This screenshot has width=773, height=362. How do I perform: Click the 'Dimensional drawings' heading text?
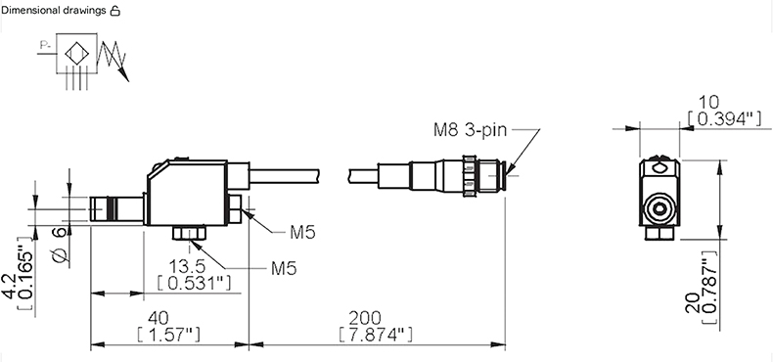click(x=54, y=11)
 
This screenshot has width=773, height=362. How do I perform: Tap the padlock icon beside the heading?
click(x=114, y=11)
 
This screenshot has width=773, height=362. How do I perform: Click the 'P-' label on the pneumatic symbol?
click(x=45, y=47)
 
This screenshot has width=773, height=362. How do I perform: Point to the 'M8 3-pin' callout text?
click(x=470, y=130)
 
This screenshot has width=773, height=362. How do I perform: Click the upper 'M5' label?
click(x=302, y=232)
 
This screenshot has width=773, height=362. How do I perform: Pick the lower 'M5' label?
click(x=284, y=268)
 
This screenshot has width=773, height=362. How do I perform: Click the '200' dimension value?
click(x=365, y=317)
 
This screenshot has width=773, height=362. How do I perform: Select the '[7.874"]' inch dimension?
click(x=375, y=334)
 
